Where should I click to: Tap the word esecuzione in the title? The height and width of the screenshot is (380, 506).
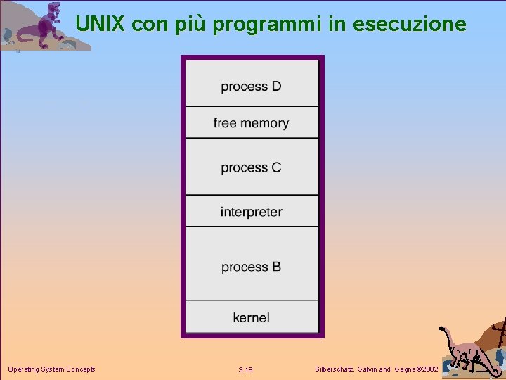tap(409, 25)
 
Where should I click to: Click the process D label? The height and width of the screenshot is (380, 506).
tap(251, 87)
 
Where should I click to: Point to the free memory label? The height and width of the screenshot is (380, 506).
tap(251, 123)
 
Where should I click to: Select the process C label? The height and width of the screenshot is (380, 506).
tap(251, 167)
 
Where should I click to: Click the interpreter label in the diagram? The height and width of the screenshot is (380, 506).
tap(251, 212)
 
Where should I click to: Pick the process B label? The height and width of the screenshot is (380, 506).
tap(251, 267)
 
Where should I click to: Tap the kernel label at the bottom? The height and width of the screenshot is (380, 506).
tap(251, 317)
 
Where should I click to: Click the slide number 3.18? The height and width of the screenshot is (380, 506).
tap(245, 369)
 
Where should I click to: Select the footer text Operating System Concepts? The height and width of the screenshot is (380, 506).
tap(51, 369)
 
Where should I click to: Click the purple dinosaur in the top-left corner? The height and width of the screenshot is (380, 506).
tap(42, 27)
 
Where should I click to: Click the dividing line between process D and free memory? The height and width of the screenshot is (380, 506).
tap(252, 106)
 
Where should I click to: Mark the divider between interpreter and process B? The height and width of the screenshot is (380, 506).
tap(252, 226)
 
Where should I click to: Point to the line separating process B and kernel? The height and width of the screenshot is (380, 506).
tap(252, 300)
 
